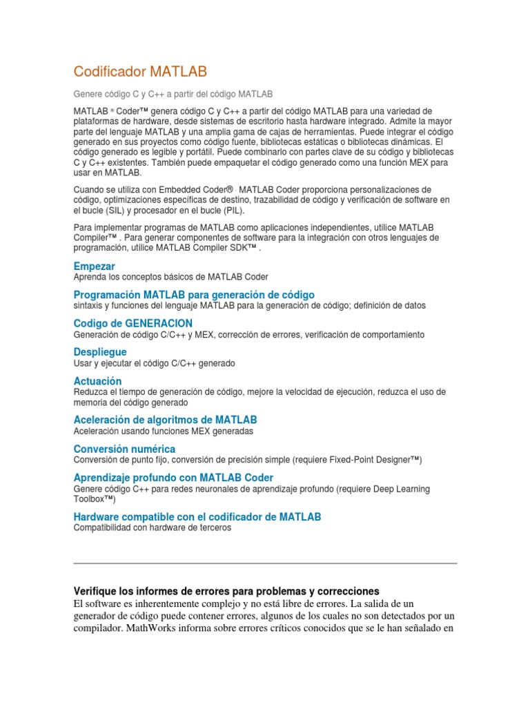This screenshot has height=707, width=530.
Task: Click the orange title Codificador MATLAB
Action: [x=140, y=72]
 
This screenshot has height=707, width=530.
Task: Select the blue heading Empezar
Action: [x=94, y=266]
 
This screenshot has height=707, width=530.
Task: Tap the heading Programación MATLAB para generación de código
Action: [x=194, y=295]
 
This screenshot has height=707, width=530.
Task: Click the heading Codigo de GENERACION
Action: [x=133, y=323]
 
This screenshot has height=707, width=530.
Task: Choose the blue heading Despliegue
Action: [x=100, y=352]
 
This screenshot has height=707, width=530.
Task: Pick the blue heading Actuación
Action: [x=97, y=381]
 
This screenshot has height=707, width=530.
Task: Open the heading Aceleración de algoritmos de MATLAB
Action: [x=165, y=420]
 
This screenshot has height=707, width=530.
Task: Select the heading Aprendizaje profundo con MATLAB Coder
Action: [x=173, y=478]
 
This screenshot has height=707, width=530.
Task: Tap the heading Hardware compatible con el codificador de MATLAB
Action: [x=197, y=516]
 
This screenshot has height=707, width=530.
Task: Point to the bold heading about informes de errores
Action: [x=226, y=592]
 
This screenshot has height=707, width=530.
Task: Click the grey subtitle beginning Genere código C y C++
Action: [x=173, y=93]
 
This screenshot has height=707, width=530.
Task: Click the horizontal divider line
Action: [x=265, y=563]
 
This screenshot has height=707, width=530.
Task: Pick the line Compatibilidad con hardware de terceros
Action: [x=153, y=527]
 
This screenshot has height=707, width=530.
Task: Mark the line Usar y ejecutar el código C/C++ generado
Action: [x=155, y=363]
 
